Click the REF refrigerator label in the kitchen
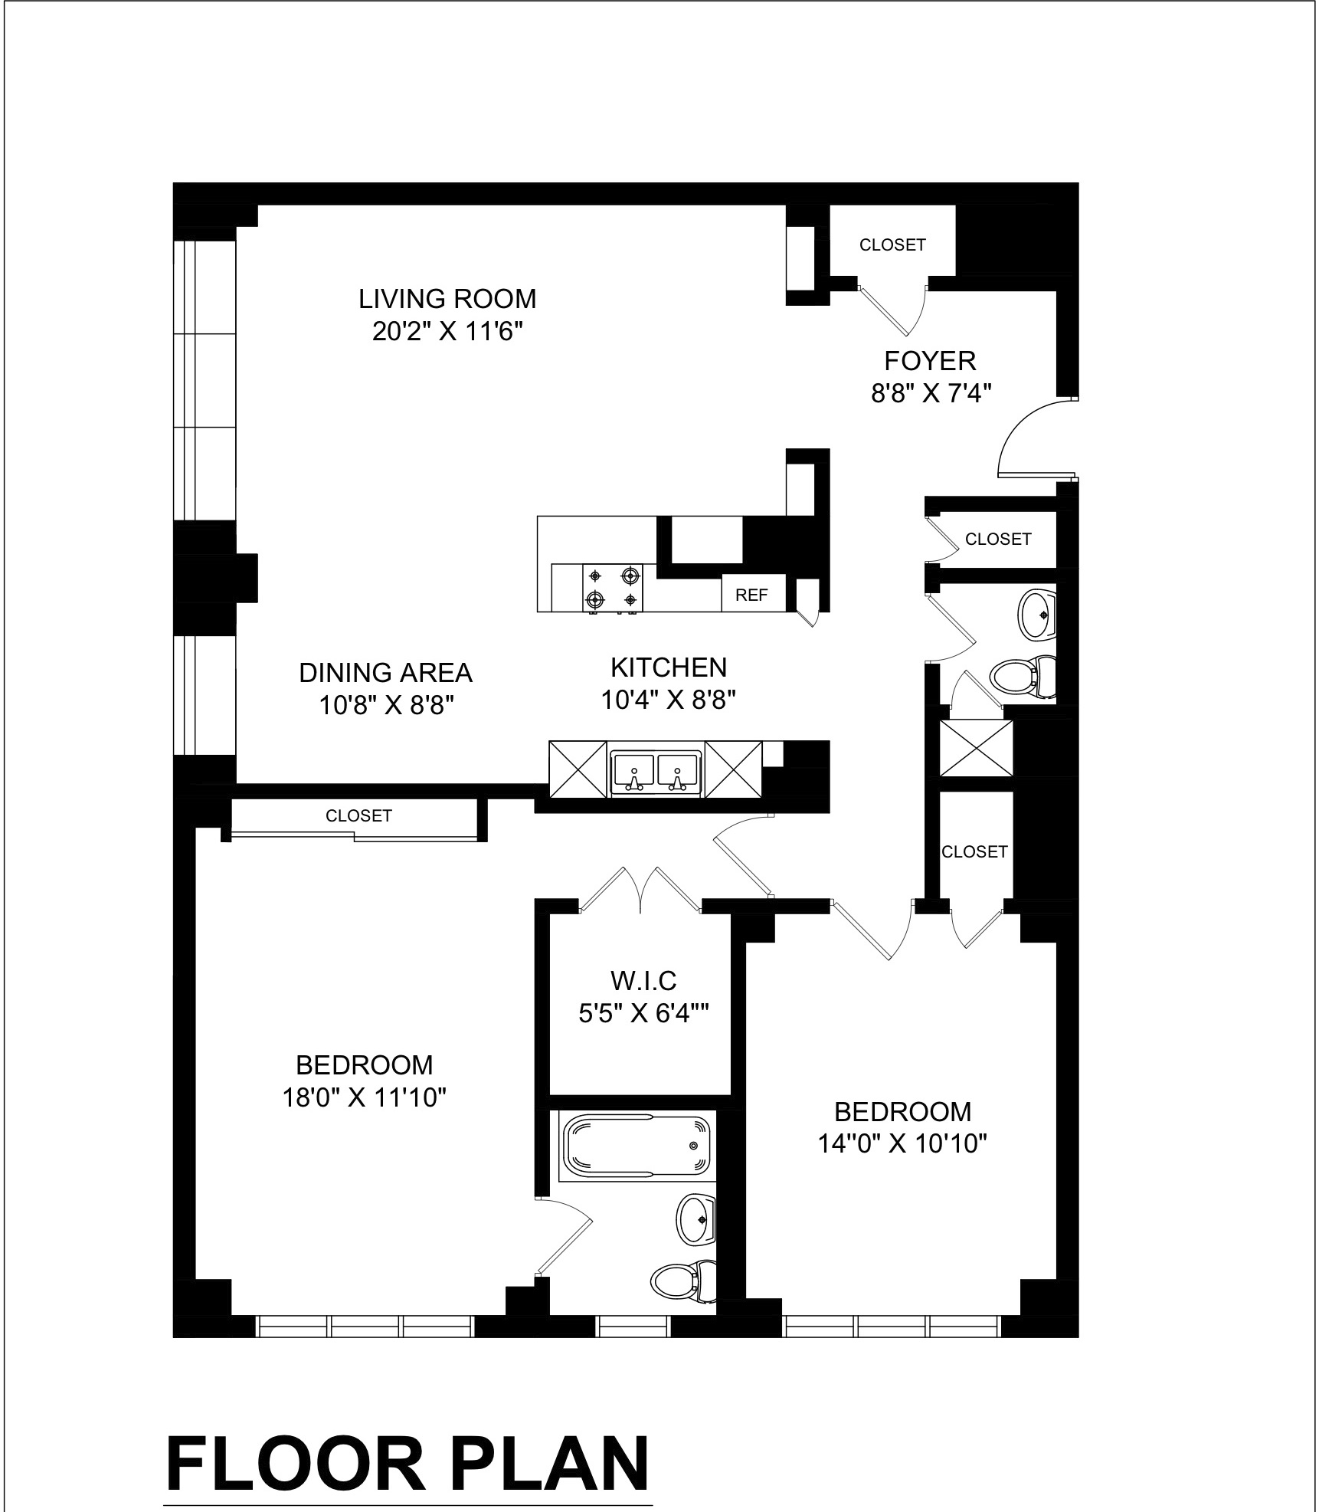tap(751, 595)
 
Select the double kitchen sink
tap(656, 771)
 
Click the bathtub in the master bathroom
tap(637, 1146)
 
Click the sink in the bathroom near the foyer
tap(1037, 614)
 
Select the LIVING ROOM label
tap(447, 298)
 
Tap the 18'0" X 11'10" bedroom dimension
tap(364, 1098)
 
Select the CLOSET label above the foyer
tap(892, 244)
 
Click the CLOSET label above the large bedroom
tap(358, 815)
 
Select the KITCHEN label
tap(668, 667)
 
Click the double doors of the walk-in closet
tap(641, 890)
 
